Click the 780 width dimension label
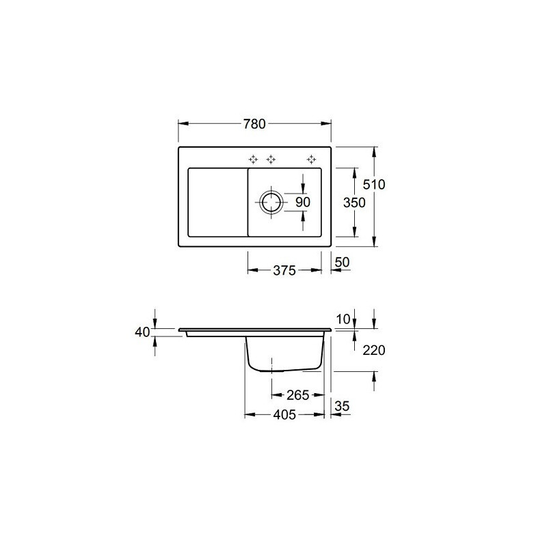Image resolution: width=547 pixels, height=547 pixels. coord(254,124)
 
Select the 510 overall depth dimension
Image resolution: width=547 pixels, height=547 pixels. coord(373,184)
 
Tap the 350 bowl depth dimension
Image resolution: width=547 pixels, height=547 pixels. coord(354,202)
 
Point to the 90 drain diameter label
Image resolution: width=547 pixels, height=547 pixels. coord(302,202)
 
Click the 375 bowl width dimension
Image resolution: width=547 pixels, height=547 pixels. coord(284,270)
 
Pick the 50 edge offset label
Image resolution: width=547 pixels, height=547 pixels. coord(342,262)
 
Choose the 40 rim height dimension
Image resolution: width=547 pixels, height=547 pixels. coord(142,332)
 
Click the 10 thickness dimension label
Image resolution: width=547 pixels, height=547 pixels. coord(343,319)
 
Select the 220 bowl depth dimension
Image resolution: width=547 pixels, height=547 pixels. coord(373,350)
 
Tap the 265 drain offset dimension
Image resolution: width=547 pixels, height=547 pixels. coord(298,395)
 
